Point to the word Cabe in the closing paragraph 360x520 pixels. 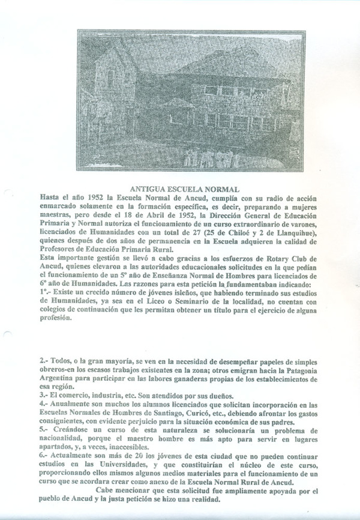pos(102,489)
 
